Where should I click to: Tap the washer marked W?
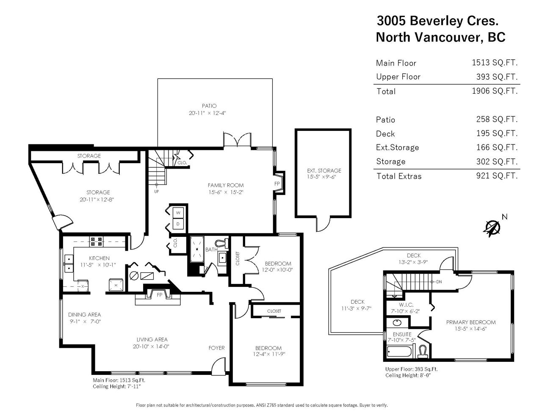coord(178,213)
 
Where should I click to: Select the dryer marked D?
coord(178,224)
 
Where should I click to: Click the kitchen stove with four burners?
coord(96,241)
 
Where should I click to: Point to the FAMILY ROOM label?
coord(226,185)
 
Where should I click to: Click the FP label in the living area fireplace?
coord(159,295)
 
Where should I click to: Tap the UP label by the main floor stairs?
coord(156,191)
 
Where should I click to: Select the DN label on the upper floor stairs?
coord(439,282)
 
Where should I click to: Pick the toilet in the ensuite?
coord(423,351)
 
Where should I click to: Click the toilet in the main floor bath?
coord(222,243)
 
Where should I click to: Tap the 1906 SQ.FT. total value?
coord(495,91)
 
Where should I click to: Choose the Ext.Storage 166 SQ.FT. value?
coord(497,147)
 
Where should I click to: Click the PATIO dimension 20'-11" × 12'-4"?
coord(207,113)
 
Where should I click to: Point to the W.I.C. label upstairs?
coord(406,305)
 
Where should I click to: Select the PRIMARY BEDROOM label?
coord(471,322)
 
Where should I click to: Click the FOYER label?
coord(216,348)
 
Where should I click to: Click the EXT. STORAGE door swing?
coord(323,224)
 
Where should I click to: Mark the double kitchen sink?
coord(69,263)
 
